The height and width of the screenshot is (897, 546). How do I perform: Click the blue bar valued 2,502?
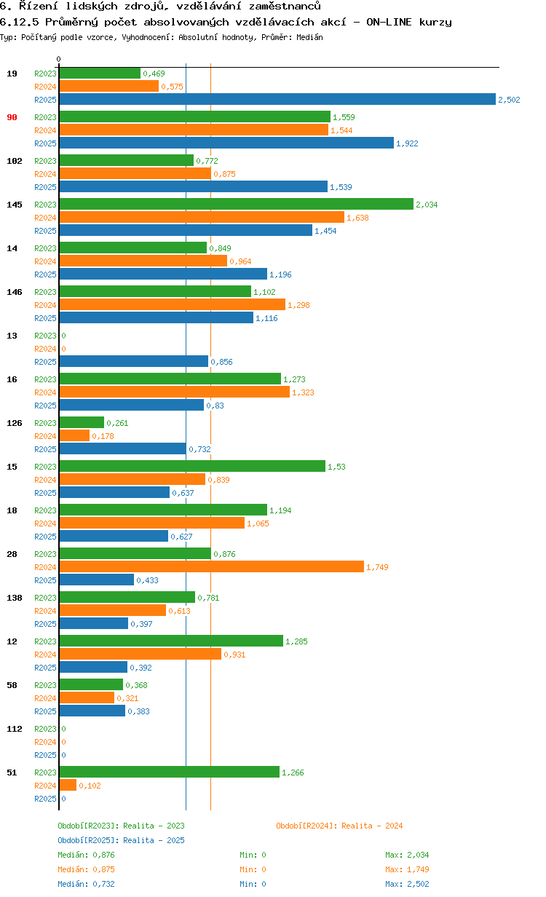pos(277,100)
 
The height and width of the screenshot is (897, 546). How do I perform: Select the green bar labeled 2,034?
pos(236,205)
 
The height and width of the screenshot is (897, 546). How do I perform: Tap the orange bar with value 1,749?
pos(211,567)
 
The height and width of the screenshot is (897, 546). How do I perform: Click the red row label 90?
pos(12,117)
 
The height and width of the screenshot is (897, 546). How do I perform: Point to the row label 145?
pos(15,205)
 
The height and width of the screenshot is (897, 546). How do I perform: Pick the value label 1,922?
pos(407,143)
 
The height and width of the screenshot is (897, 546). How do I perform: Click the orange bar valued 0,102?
pos(68,785)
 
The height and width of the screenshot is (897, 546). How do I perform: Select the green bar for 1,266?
pos(169,772)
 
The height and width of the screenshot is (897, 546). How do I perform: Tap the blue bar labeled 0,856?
pos(133,361)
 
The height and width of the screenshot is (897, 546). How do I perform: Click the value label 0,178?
pos(103,436)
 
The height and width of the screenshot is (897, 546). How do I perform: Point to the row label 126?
pos(15,423)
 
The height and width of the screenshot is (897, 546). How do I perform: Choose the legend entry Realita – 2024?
pos(339,826)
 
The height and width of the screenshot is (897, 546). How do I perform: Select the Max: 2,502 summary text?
pos(407,884)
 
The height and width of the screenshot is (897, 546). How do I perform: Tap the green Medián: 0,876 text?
pos(86,855)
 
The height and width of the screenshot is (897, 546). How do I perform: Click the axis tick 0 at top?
pos(59,59)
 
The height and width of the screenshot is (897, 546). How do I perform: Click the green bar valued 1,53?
pos(192,466)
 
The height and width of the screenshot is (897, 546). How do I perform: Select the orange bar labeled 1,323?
pos(174,392)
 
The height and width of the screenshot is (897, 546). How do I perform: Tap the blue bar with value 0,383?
pos(92,711)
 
